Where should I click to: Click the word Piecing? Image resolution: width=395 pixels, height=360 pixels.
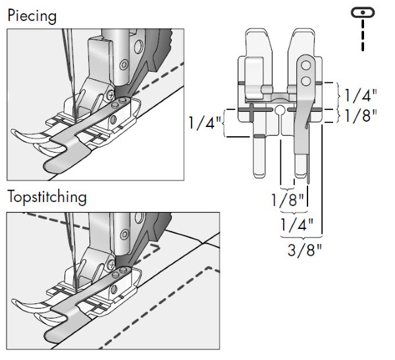point(31,14)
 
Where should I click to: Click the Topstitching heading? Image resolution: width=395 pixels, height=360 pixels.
point(47,197)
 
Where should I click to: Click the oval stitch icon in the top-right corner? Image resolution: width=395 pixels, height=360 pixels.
point(363,13)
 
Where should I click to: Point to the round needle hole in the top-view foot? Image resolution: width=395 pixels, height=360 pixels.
point(280,109)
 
